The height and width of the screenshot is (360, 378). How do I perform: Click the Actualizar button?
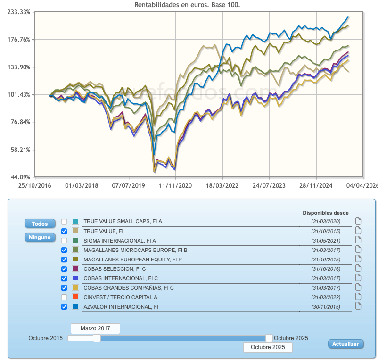(x=345, y=344)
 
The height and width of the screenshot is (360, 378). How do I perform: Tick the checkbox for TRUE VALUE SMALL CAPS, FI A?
(x=64, y=221)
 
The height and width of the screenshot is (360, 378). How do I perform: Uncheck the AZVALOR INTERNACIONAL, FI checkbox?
(x=64, y=307)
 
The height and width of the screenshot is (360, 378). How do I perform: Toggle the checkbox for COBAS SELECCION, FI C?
(x=64, y=269)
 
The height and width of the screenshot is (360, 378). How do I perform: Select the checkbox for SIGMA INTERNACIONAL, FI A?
(x=64, y=240)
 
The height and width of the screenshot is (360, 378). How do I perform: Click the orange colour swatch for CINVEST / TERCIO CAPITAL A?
(x=75, y=297)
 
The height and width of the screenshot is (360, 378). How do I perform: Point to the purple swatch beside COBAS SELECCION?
(x=75, y=269)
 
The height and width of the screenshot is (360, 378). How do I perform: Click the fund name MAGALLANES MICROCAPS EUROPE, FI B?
(x=135, y=250)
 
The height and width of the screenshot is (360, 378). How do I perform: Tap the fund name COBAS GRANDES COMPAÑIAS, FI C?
(x=129, y=288)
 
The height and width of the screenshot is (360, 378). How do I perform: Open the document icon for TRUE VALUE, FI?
(x=358, y=231)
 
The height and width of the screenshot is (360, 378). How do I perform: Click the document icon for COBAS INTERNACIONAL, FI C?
(x=358, y=278)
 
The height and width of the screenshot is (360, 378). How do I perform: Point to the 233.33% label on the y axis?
(x=19, y=12)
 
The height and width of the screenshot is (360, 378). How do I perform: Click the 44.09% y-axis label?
(x=20, y=177)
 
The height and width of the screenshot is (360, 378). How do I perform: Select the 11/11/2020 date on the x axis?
(x=176, y=186)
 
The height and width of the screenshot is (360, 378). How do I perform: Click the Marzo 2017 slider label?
(x=95, y=328)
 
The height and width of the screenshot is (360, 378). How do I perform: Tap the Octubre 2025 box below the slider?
(x=268, y=347)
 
